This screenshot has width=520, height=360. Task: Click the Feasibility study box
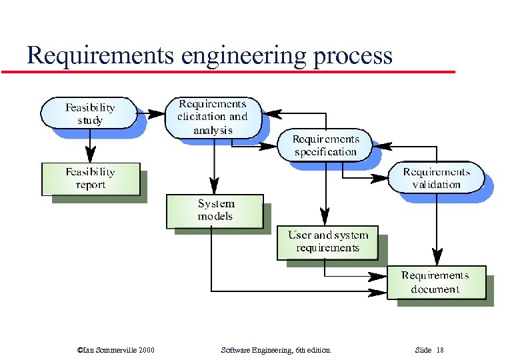[x=89, y=113]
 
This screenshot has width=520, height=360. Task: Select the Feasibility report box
[x=91, y=179]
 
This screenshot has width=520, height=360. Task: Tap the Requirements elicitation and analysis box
[x=212, y=117]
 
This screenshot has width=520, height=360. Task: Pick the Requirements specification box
[x=325, y=145]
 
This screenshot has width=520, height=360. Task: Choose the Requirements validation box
[x=436, y=177]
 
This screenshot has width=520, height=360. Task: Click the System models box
[x=215, y=210]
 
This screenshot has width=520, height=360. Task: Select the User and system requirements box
[x=327, y=242]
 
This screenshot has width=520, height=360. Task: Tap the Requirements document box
[x=436, y=282]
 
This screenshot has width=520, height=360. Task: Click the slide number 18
[x=440, y=350]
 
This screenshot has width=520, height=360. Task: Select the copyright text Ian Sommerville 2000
[x=117, y=350]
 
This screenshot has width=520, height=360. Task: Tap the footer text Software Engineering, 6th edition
[x=275, y=350]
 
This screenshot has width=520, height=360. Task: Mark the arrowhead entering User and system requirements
[x=325, y=217]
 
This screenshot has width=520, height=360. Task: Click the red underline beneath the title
[x=227, y=71]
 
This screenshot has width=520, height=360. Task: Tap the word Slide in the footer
[x=423, y=350]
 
